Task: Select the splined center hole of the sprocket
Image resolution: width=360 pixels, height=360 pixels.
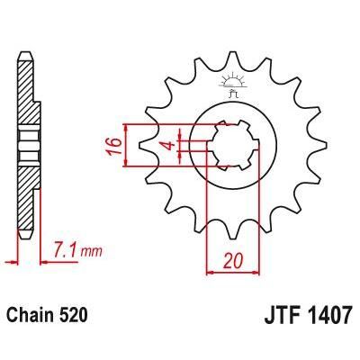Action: (229, 144)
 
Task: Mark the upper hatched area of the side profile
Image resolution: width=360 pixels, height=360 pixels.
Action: (27, 94)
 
